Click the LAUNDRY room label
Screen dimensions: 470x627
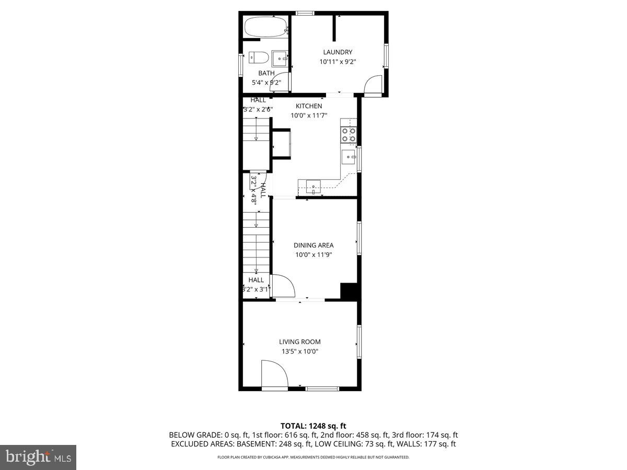pyautogui.click(x=338, y=52)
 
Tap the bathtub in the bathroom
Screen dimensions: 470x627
pyautogui.click(x=266, y=27)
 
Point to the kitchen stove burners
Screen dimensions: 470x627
pyautogui.click(x=349, y=135)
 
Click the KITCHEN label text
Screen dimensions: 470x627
pyautogui.click(x=309, y=106)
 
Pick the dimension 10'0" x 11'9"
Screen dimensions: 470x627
pyautogui.click(x=313, y=255)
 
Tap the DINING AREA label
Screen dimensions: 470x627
pyautogui.click(x=313, y=245)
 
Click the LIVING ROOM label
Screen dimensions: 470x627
pyautogui.click(x=300, y=342)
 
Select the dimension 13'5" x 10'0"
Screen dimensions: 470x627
pyautogui.click(x=300, y=351)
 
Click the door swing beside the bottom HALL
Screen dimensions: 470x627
pyautogui.click(x=283, y=286)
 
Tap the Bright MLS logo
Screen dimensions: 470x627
pyautogui.click(x=38, y=457)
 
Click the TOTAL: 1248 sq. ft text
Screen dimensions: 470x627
pyautogui.click(x=313, y=426)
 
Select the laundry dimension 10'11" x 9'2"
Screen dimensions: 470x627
pyautogui.click(x=338, y=62)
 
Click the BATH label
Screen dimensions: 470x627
pyautogui.click(x=266, y=73)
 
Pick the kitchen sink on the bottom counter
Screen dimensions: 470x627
pyautogui.click(x=313, y=186)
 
